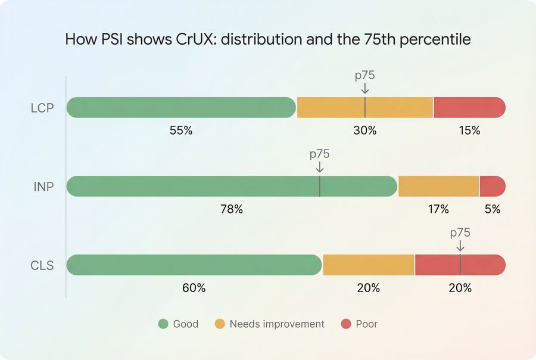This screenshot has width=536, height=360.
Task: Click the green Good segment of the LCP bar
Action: point(181,107)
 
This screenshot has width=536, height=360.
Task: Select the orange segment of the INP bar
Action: point(438,186)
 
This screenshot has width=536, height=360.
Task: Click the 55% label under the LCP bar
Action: point(181,131)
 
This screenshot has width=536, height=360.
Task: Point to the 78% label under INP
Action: point(231,209)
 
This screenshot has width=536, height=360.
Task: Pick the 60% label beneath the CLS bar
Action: point(194,288)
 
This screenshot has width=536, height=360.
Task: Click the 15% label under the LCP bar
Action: point(469,131)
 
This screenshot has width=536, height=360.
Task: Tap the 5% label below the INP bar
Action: point(492,209)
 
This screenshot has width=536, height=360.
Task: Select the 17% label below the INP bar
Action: point(438,209)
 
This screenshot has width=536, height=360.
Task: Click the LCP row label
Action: point(42,108)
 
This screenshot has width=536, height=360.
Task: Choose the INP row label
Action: point(43,187)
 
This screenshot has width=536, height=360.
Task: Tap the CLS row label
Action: point(42,265)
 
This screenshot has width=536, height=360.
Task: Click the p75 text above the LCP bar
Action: point(364,76)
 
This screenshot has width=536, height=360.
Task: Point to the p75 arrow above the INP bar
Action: point(319,167)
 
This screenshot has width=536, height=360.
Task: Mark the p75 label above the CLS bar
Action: point(460,233)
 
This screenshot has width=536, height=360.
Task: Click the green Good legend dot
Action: point(164,324)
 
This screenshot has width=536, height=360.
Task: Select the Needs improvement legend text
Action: point(277,324)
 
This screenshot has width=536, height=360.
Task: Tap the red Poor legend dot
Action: point(346,324)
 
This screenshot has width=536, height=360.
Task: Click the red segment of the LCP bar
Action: point(469,107)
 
